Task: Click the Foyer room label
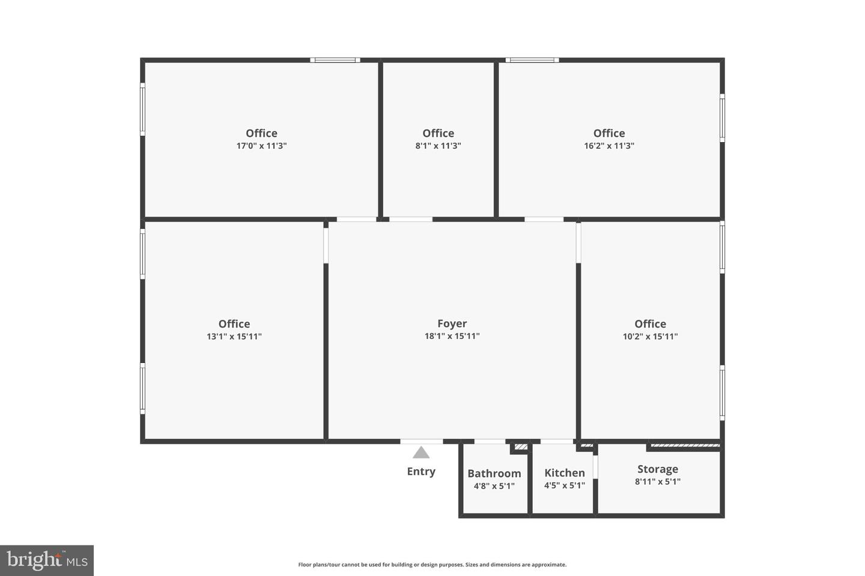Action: click(x=452, y=323)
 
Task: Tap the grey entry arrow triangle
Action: click(x=421, y=453)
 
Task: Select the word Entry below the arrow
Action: click(x=421, y=471)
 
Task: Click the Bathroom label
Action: click(x=494, y=473)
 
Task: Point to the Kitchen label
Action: click(x=565, y=473)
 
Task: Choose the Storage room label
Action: click(x=658, y=469)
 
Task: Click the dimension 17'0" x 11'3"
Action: click(x=261, y=146)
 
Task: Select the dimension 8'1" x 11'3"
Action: click(x=439, y=146)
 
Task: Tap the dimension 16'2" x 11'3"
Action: click(x=609, y=146)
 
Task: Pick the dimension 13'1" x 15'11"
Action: click(x=234, y=337)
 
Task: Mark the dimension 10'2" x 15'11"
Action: click(x=651, y=337)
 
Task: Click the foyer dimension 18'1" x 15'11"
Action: click(x=452, y=336)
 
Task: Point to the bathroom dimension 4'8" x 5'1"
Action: click(x=494, y=486)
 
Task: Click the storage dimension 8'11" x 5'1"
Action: click(x=658, y=481)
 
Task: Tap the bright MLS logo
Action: click(x=47, y=560)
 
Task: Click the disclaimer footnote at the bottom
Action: click(x=432, y=565)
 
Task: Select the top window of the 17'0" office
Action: click(x=335, y=60)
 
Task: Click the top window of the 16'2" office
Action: click(x=532, y=60)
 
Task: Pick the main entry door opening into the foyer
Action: click(x=421, y=442)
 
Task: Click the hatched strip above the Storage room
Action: click(x=685, y=446)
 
